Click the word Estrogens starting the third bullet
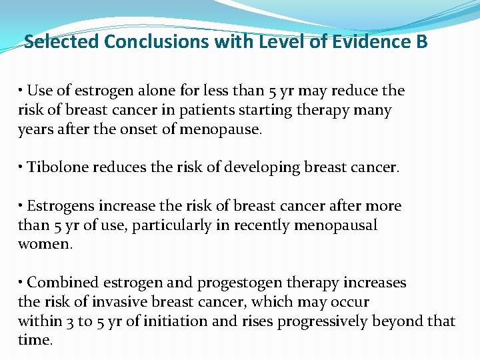[x=59, y=207]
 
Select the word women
[x=43, y=245]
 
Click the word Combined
[x=59, y=283]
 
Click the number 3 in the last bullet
[x=70, y=322]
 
